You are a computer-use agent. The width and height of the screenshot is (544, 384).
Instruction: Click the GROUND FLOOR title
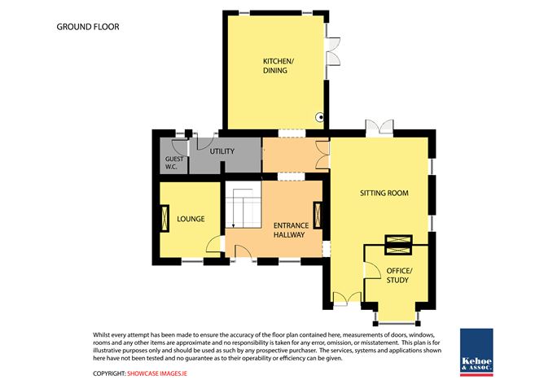click(87, 27)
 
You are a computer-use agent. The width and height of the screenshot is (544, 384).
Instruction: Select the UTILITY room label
click(222, 152)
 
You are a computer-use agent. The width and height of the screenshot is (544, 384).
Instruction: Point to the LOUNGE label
click(191, 219)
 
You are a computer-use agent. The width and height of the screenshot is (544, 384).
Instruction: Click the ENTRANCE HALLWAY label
click(289, 230)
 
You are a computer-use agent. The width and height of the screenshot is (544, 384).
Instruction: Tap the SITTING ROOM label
click(384, 193)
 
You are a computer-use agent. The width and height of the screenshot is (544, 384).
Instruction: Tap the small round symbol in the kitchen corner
click(320, 118)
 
